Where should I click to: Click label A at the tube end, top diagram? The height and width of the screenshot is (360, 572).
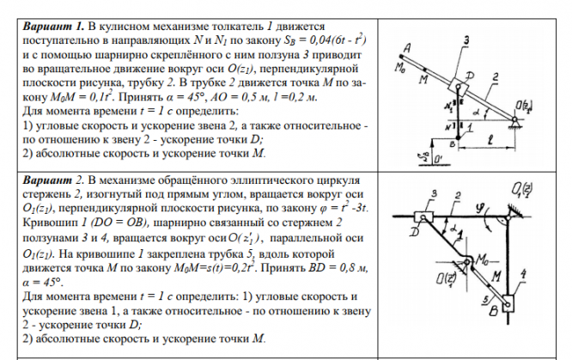[x=388, y=48]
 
